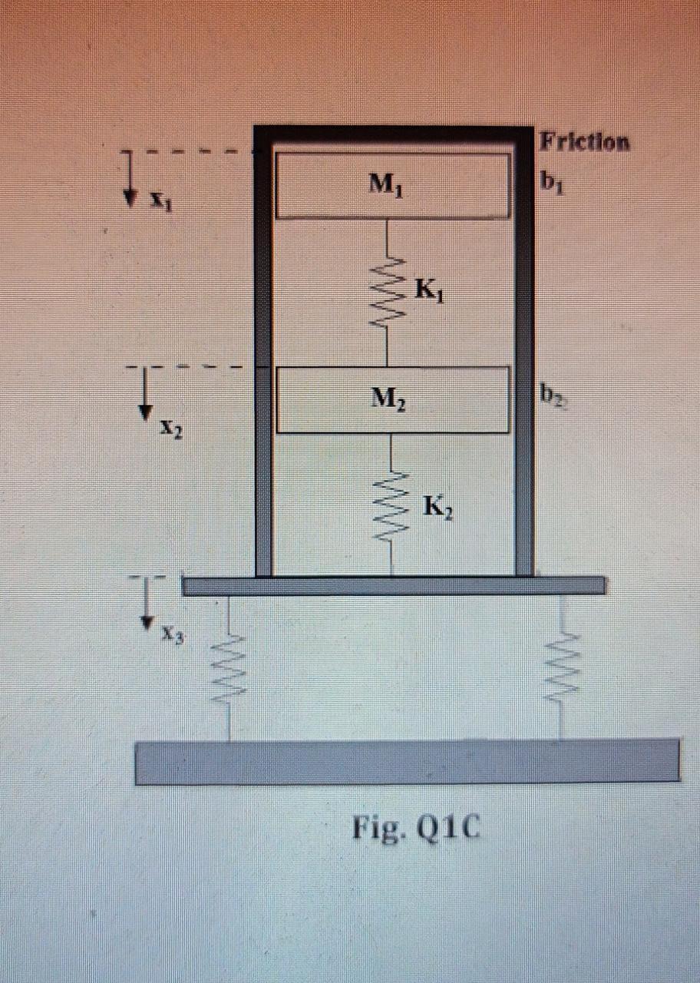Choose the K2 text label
point(439,508)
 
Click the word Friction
point(585,142)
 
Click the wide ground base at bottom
point(407,761)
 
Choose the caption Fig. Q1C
point(415,829)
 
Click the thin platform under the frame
point(394,586)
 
